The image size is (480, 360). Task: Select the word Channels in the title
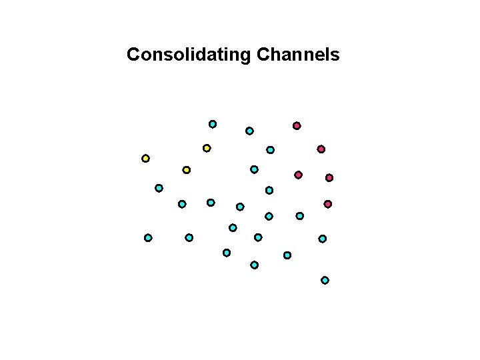tap(297, 54)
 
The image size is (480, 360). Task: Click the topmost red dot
tap(297, 125)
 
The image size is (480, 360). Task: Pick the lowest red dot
tap(327, 204)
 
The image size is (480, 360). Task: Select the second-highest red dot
tap(321, 149)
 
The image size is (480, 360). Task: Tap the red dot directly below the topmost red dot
tap(298, 175)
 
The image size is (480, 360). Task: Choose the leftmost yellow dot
tap(145, 158)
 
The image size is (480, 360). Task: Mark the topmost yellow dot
tap(207, 148)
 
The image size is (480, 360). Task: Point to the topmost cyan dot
tap(213, 124)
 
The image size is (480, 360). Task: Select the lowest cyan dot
tap(325, 280)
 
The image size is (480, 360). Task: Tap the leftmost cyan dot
tap(148, 237)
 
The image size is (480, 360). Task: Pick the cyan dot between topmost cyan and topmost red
tap(249, 131)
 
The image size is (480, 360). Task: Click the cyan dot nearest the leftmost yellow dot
tap(159, 188)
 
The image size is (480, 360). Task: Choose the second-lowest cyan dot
tap(254, 265)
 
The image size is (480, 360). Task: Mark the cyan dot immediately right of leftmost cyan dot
tap(189, 237)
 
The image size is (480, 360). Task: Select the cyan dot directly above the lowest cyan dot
tap(322, 239)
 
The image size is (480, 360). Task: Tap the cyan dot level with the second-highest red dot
tap(270, 150)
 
